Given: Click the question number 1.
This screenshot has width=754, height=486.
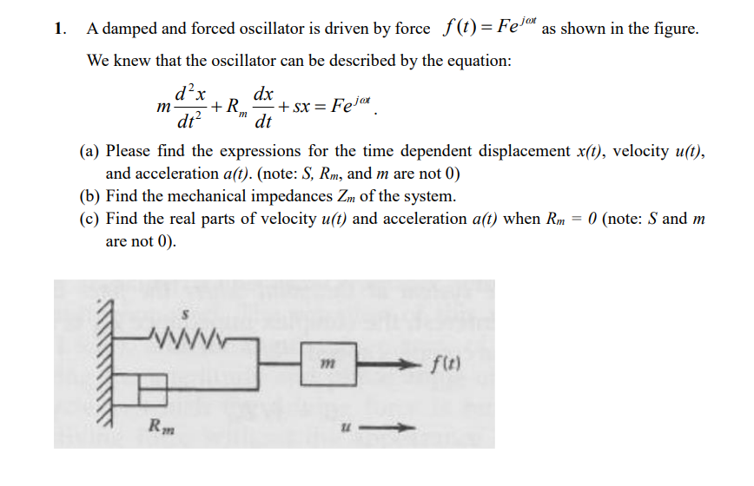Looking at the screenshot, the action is click(x=59, y=29).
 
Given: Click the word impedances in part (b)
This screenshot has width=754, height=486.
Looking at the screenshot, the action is click(x=306, y=196).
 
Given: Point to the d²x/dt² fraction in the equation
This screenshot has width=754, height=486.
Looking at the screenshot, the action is click(x=188, y=105).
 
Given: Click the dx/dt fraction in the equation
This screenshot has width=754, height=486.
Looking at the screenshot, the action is click(x=263, y=105).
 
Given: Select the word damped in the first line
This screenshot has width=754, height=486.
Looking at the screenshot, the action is click(x=129, y=29).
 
